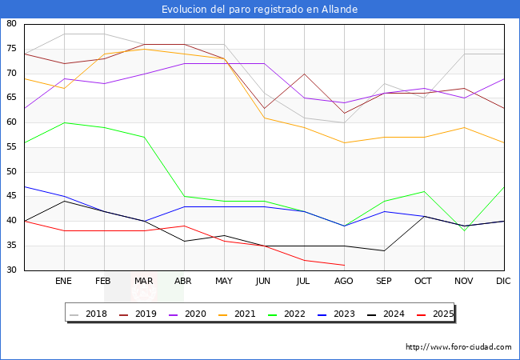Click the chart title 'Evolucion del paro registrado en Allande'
259,9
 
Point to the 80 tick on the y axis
11,24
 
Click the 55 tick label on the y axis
11,147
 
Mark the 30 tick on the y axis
11,270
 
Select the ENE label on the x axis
64,282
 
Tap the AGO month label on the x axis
344,282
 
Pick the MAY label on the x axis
224,282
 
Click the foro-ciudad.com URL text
458,347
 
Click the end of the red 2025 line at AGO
344,265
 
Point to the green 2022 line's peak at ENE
64,122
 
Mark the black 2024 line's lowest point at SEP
384,250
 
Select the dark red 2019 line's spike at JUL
304,74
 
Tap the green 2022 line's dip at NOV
464,230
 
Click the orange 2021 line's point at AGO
344,142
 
